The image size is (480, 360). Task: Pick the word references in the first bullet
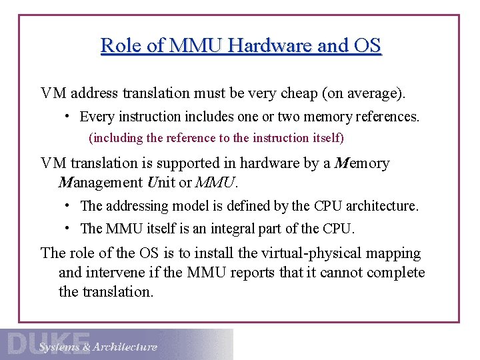click(x=385, y=117)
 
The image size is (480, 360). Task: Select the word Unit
click(x=158, y=182)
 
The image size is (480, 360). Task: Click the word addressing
click(x=133, y=206)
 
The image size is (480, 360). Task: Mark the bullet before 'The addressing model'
click(x=68, y=205)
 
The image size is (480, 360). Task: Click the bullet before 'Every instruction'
click(x=68, y=116)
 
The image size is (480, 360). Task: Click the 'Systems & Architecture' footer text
click(x=98, y=347)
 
